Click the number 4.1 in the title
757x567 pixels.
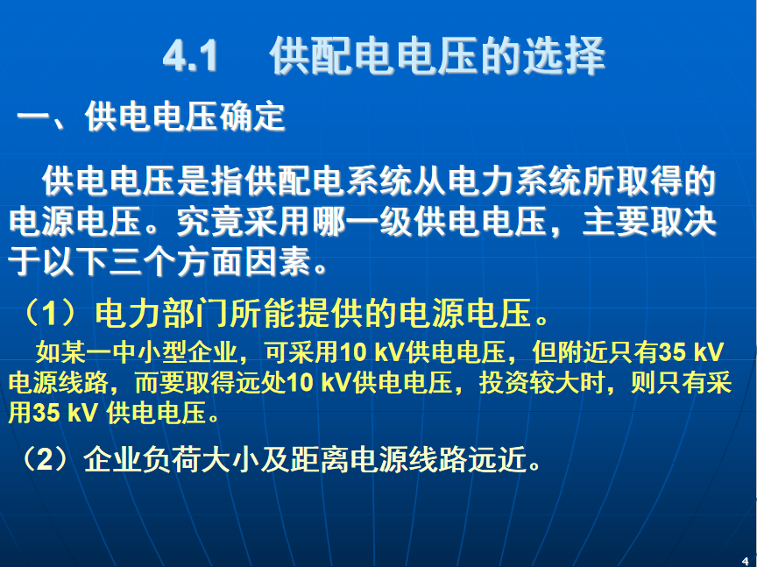point(190,56)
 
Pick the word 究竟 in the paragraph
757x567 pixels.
point(210,223)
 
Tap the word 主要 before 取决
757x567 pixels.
point(616,223)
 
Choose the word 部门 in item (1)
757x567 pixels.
point(195,313)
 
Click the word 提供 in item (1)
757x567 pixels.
point(329,313)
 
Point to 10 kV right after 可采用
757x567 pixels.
point(372,351)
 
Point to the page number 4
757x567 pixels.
point(745,561)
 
